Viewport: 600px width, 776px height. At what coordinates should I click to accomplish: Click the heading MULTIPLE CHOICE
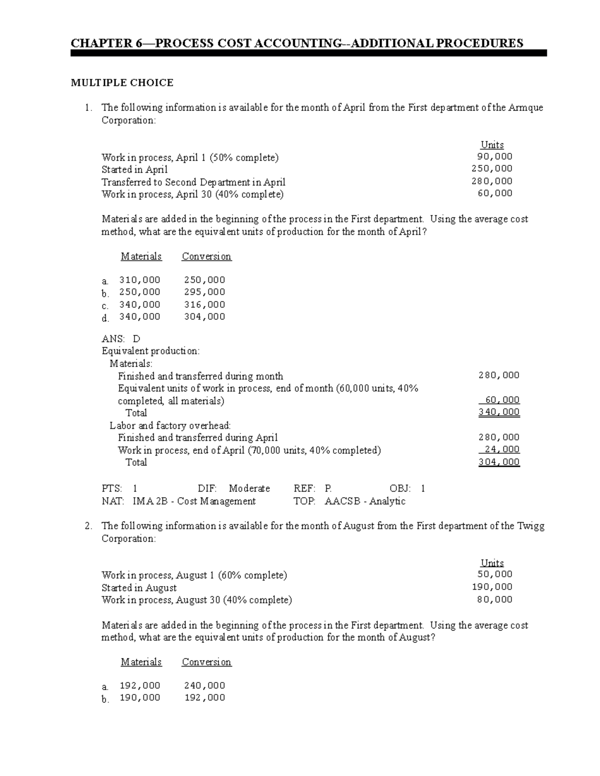tap(122, 83)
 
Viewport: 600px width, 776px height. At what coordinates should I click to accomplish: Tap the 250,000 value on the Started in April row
tap(492, 169)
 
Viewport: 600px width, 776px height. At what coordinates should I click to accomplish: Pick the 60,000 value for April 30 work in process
tap(495, 193)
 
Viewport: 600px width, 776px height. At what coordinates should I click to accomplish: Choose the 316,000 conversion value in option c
tap(204, 304)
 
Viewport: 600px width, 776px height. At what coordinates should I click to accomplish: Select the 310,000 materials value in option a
tap(139, 280)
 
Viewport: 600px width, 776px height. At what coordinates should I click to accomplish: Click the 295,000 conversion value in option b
tap(204, 292)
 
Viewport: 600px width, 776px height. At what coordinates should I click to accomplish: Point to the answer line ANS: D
tap(121, 339)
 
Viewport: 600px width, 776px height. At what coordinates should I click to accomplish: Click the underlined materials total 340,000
tap(499, 412)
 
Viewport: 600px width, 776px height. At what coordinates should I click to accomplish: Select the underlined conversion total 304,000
tap(499, 462)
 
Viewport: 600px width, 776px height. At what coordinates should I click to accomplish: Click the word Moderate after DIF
tap(249, 488)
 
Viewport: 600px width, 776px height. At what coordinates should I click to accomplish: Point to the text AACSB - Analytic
tap(365, 501)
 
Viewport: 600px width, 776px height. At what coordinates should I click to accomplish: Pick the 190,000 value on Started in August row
tap(492, 587)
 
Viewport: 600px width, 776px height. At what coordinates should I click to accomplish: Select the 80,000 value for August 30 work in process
tap(495, 599)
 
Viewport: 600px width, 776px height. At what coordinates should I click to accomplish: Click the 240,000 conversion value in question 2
tap(204, 686)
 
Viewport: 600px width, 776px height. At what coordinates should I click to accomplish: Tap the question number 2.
tap(88, 526)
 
